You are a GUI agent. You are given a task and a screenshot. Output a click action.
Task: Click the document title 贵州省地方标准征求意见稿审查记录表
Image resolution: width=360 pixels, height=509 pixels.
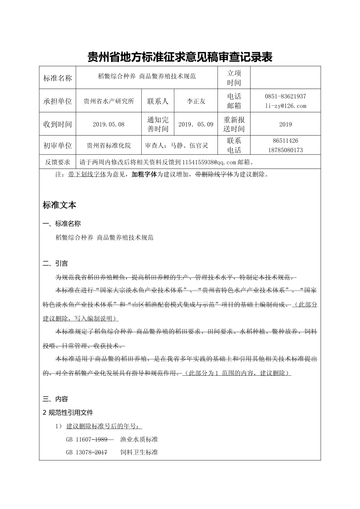(180, 57)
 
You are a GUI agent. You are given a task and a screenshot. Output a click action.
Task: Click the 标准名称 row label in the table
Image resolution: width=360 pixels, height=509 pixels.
(58, 78)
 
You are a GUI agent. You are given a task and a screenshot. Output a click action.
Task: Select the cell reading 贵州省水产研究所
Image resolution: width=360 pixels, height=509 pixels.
(109, 101)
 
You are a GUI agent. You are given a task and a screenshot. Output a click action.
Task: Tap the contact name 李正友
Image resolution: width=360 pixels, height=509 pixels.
(196, 101)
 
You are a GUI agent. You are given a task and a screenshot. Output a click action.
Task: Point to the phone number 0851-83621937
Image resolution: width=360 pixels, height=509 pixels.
(285, 97)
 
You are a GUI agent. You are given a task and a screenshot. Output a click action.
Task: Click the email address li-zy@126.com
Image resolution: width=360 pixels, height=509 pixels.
(285, 106)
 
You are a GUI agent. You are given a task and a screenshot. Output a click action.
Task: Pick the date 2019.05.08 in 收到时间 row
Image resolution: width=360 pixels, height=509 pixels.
(108, 124)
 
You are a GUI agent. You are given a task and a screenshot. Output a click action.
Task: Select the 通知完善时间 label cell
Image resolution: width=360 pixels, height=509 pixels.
(158, 124)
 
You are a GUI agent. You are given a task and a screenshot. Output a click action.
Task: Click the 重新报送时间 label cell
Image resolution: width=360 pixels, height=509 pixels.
(234, 124)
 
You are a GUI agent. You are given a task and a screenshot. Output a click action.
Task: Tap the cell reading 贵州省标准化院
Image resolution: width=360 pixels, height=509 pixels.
(109, 145)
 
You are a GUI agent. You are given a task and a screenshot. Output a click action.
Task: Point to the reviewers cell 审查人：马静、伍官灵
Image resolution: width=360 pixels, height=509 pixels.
(177, 145)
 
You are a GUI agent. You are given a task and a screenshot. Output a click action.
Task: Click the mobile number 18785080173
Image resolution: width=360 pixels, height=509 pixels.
(285, 150)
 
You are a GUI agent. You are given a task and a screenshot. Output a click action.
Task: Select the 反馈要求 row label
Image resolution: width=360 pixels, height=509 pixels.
(58, 162)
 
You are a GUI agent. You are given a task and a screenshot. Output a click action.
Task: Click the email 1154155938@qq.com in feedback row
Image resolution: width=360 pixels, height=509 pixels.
(209, 162)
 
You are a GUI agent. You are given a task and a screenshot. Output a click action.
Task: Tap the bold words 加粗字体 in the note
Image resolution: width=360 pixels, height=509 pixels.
(144, 175)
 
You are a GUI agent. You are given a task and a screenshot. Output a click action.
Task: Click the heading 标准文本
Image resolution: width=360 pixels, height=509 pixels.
(59, 205)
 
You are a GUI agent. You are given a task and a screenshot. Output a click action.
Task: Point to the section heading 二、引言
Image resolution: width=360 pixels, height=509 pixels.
(55, 264)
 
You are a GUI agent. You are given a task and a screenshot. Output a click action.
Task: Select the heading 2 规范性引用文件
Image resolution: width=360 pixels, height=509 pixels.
(68, 412)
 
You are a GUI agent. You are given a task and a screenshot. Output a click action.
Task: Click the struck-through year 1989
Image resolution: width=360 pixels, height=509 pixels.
(101, 439)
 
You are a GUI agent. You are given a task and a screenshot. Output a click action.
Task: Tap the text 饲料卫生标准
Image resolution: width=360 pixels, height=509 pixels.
(139, 452)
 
